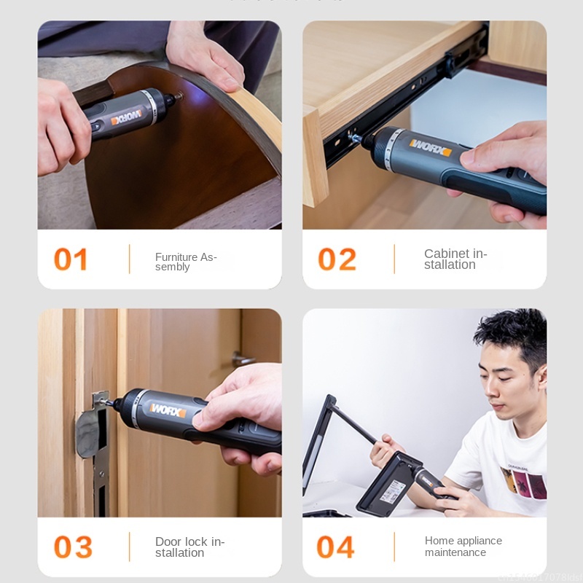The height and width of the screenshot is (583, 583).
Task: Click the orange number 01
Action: click(71, 259)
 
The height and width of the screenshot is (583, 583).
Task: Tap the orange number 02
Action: click(337, 259)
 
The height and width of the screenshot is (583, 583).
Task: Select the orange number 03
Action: click(73, 547)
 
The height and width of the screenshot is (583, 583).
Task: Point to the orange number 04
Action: click(335, 547)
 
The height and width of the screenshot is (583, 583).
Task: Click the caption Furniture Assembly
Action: click(186, 262)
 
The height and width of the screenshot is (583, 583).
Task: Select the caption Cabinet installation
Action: click(455, 259)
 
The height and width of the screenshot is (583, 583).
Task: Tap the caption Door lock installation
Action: click(189, 547)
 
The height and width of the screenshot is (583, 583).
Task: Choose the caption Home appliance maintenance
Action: click(463, 546)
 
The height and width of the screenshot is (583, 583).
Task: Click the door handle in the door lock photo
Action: click(243, 359)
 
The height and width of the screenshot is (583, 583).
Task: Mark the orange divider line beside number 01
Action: click(130, 259)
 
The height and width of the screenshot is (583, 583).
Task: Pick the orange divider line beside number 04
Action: click(394, 547)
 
